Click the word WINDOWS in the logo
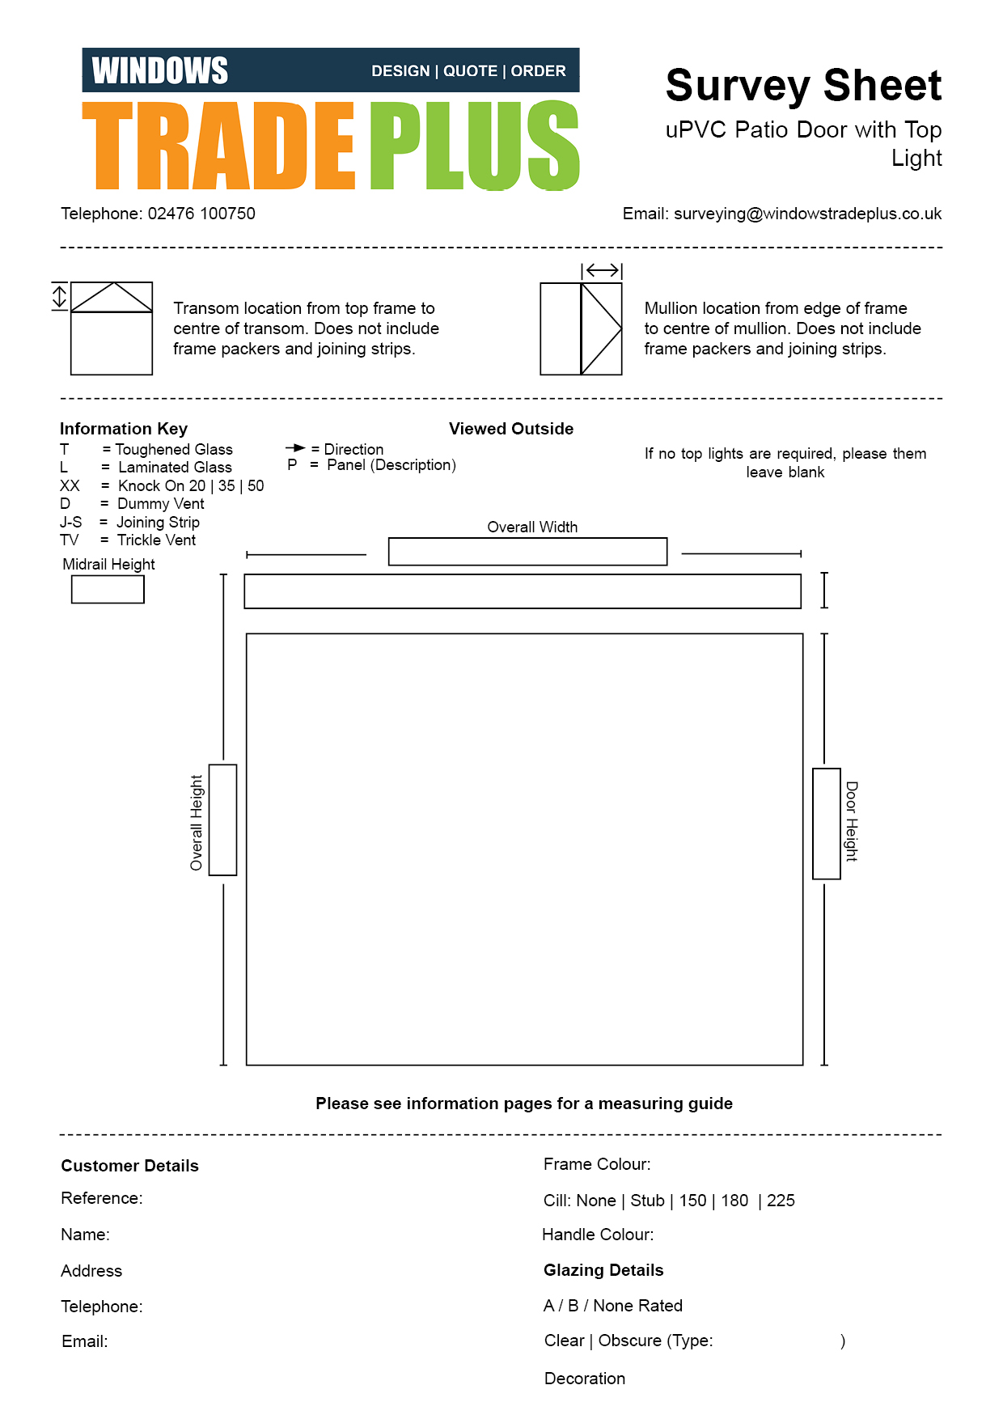tap(159, 71)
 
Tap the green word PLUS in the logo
tap(475, 146)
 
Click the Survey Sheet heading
tap(803, 86)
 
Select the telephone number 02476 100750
tap(201, 214)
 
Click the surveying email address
tap(807, 214)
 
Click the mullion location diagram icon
tap(581, 328)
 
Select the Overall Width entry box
tap(527, 552)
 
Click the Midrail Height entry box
tap(108, 589)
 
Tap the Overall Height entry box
tap(222, 820)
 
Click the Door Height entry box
tap(826, 824)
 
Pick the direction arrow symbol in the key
tap(295, 448)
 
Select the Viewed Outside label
tap(511, 429)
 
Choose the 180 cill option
tap(734, 1201)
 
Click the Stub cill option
tap(647, 1201)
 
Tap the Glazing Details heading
tap(603, 1270)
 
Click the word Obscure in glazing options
tap(629, 1341)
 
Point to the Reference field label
tap(102, 1198)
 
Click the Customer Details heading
tap(130, 1166)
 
